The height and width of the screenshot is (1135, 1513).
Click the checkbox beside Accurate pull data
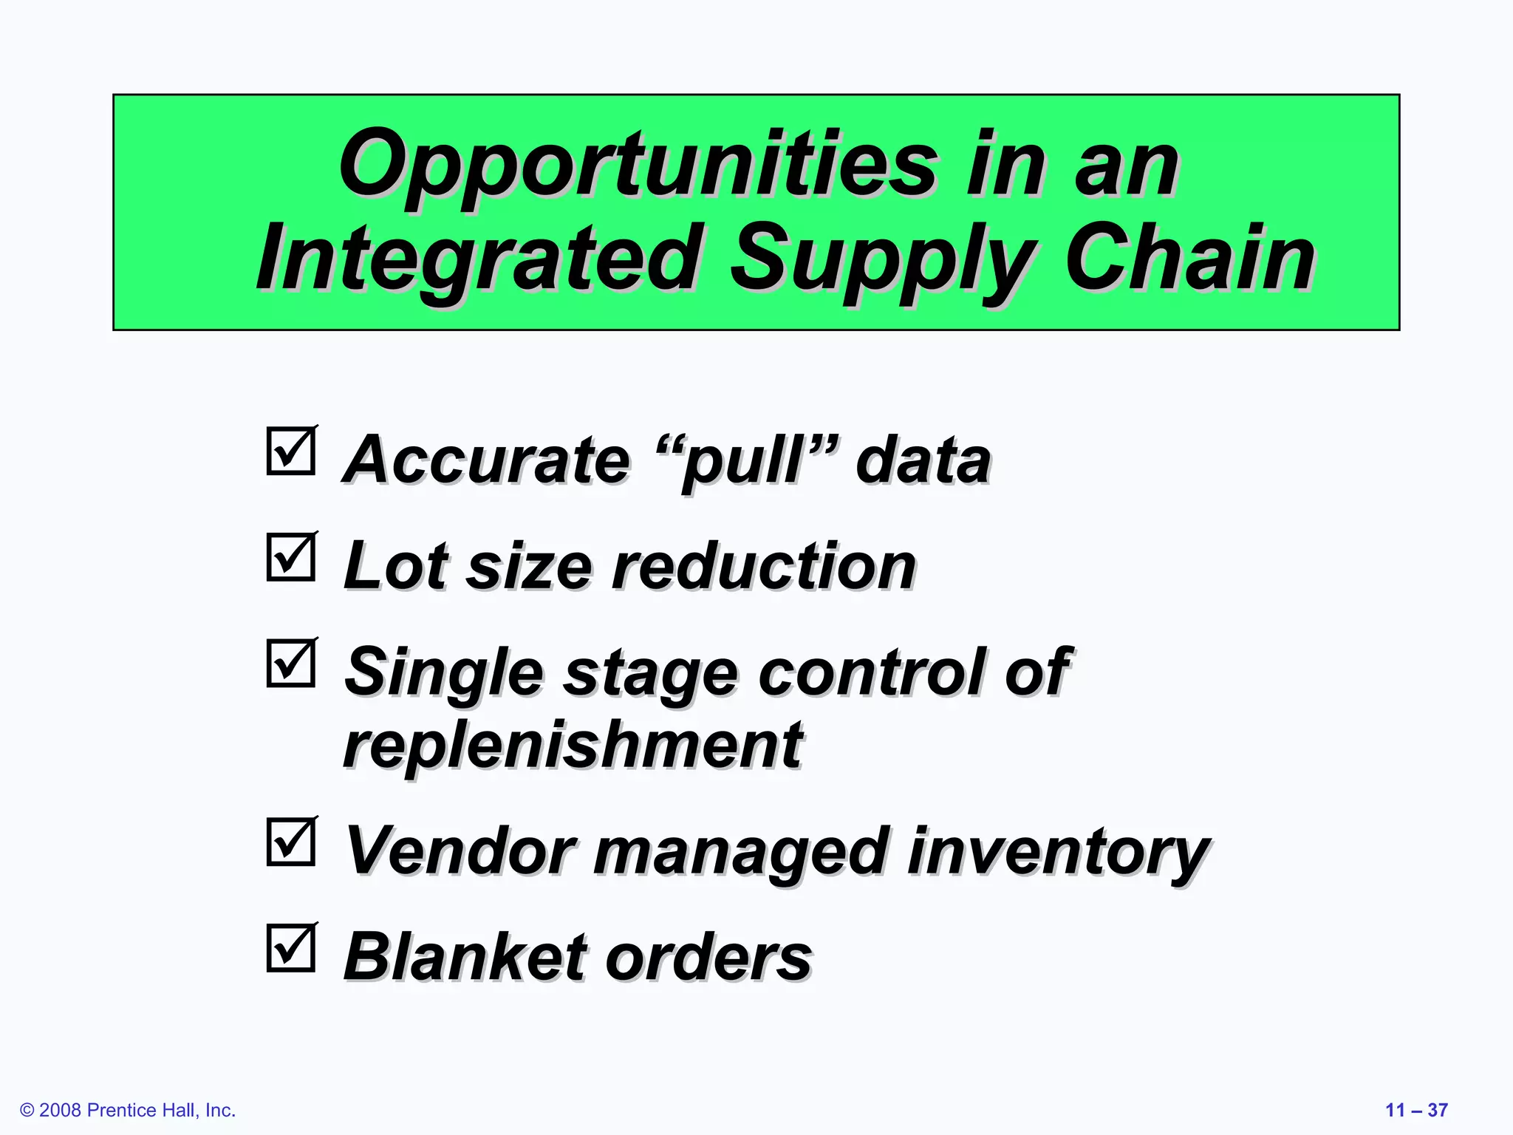[291, 451]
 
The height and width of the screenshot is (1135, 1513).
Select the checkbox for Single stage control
[291, 664]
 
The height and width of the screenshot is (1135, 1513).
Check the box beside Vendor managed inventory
[291, 842]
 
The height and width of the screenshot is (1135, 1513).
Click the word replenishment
[573, 745]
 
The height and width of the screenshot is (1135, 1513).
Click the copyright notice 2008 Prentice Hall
[128, 1110]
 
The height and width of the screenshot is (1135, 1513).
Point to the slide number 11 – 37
[1416, 1110]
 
